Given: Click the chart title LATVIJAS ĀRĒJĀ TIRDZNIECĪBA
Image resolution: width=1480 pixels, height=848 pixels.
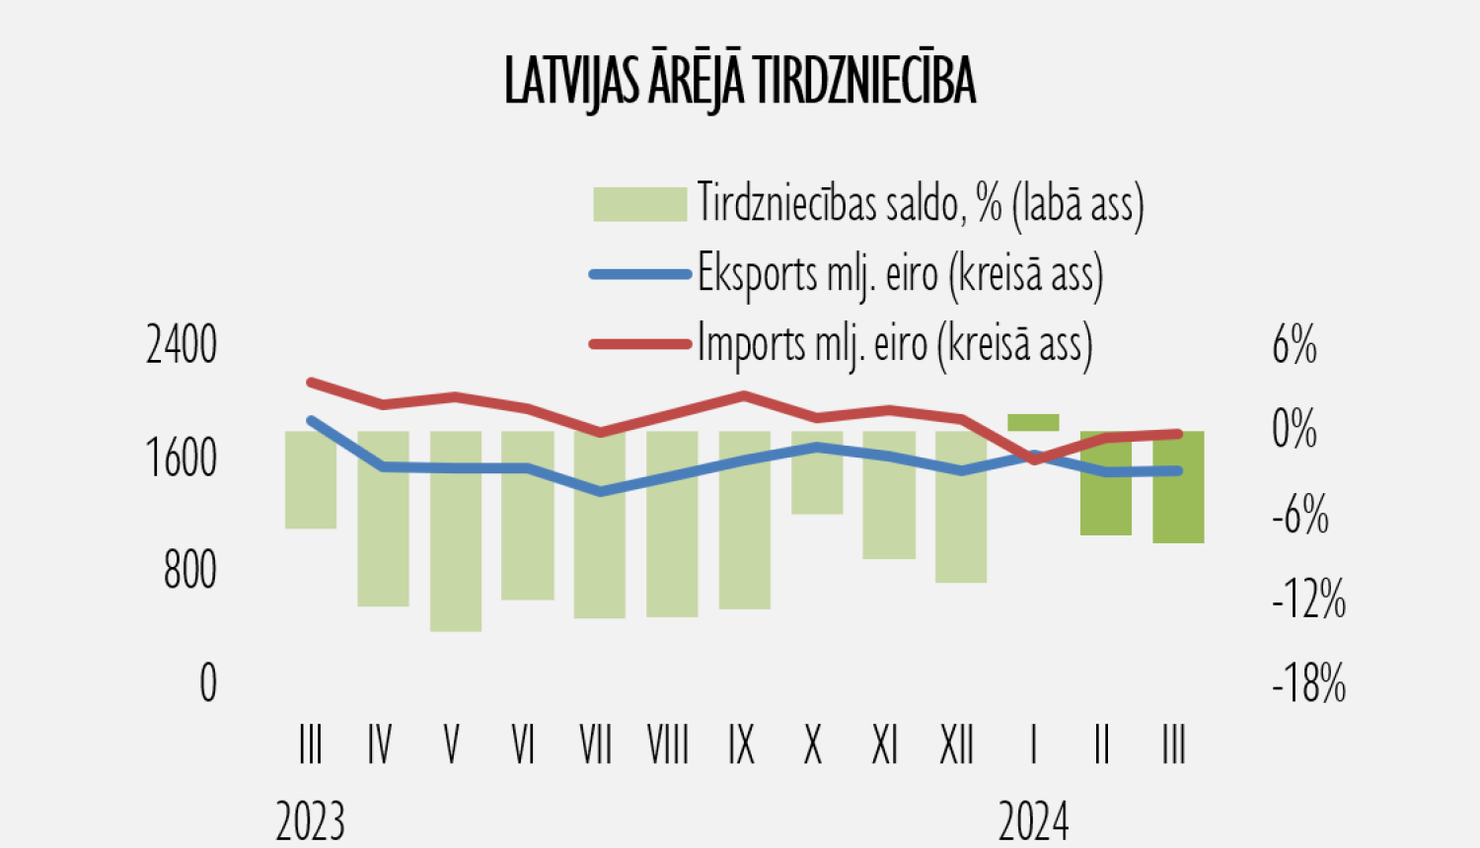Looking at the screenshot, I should tap(740, 81).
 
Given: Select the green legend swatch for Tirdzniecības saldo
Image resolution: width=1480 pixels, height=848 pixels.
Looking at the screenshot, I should tap(639, 204).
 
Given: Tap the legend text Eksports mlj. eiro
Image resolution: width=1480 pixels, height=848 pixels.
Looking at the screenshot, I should tap(900, 273).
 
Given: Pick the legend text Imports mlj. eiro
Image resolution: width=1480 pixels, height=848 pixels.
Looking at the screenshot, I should tap(895, 344).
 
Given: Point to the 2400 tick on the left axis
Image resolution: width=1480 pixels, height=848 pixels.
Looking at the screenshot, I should tap(182, 346).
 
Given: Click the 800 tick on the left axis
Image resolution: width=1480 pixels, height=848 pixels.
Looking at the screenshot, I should tap(190, 571).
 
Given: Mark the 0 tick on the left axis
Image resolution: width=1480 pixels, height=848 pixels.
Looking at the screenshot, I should tap(208, 683).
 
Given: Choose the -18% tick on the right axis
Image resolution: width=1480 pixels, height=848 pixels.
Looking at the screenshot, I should tap(1308, 683).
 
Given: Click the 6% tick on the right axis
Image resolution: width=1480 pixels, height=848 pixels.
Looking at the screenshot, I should tap(1295, 346).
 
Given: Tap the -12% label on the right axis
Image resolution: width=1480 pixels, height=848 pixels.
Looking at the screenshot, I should tap(1308, 599).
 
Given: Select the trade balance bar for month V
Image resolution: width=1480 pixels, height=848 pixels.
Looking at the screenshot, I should tap(456, 530).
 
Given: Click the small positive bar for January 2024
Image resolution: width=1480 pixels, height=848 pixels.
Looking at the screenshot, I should tap(1033, 423).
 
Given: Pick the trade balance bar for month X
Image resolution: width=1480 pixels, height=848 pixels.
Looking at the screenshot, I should tap(817, 472).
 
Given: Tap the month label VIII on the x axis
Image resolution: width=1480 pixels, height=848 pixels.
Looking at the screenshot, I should tap(668, 744).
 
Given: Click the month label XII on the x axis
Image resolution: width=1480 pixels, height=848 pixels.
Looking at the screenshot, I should tap(957, 744).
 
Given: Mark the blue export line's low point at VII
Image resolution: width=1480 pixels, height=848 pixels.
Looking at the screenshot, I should tap(601, 491).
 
